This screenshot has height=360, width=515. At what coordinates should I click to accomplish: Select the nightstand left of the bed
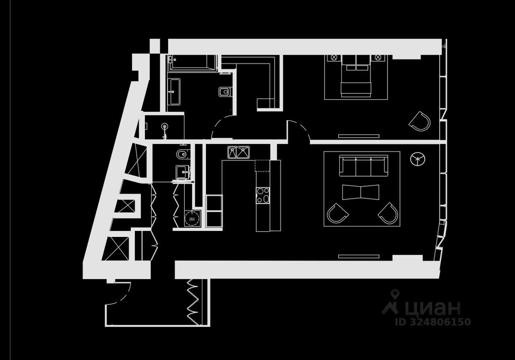[334, 58]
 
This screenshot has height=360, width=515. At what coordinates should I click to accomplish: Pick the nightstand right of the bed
[377, 58]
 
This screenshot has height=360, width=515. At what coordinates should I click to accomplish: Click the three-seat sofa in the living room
[363, 166]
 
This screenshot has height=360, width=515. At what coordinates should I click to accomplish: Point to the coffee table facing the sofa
[360, 192]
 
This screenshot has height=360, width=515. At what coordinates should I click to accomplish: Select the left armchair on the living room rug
[337, 213]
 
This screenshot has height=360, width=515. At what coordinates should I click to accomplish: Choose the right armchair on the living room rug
[389, 213]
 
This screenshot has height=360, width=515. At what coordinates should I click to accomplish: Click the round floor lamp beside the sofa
[418, 159]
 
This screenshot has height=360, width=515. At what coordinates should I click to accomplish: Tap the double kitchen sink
[239, 152]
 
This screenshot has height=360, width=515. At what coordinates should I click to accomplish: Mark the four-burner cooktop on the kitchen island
[263, 195]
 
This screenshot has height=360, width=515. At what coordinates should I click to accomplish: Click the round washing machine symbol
[192, 219]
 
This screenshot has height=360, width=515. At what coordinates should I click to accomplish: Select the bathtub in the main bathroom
[192, 62]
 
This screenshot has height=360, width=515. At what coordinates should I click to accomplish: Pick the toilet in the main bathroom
[224, 92]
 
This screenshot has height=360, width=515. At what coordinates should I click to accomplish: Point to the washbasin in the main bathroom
[174, 92]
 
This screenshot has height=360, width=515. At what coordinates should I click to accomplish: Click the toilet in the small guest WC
[181, 154]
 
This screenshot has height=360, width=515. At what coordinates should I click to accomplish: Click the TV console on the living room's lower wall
[358, 256]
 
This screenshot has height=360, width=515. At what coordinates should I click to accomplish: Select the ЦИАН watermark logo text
[433, 308]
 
